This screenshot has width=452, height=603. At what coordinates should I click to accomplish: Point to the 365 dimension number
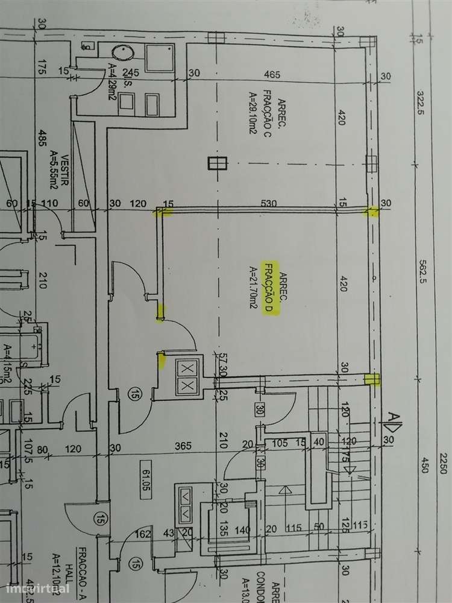(183, 446)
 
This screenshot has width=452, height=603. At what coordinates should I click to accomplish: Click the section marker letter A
(392, 418)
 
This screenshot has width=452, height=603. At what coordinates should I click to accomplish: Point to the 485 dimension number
(42, 141)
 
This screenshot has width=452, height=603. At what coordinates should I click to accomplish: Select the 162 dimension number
(143, 533)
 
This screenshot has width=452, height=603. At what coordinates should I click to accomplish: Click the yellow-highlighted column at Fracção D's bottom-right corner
(372, 379)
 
